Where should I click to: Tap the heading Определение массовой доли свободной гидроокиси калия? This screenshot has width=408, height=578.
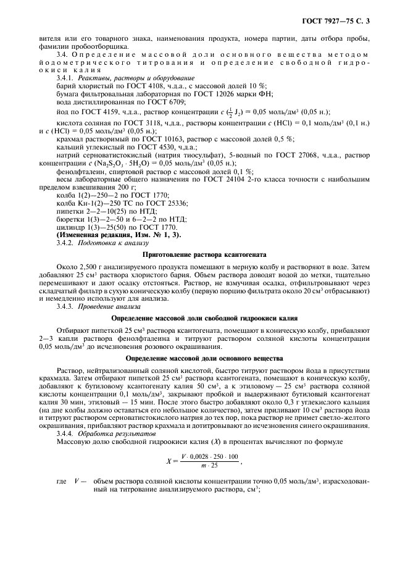click(x=204, y=317)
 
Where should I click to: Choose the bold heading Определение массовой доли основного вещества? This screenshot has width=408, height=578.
click(x=204, y=358)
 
